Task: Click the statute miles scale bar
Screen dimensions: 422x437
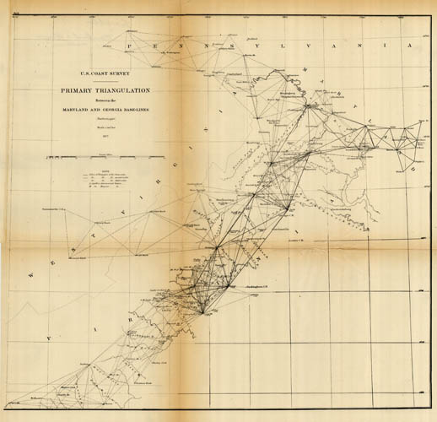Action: pyautogui.click(x=105, y=157)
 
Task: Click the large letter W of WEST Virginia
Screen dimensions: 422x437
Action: pyautogui.click(x=33, y=272)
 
